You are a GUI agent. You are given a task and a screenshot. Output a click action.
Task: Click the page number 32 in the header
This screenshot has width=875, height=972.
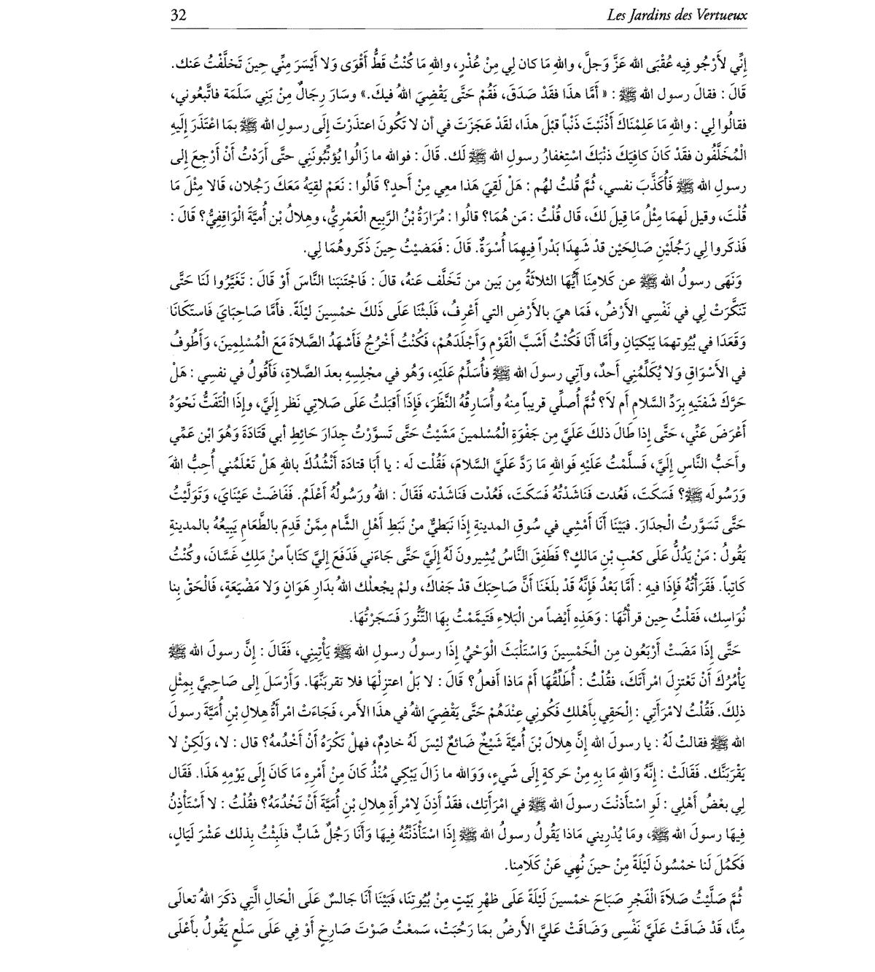pos(179,14)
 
